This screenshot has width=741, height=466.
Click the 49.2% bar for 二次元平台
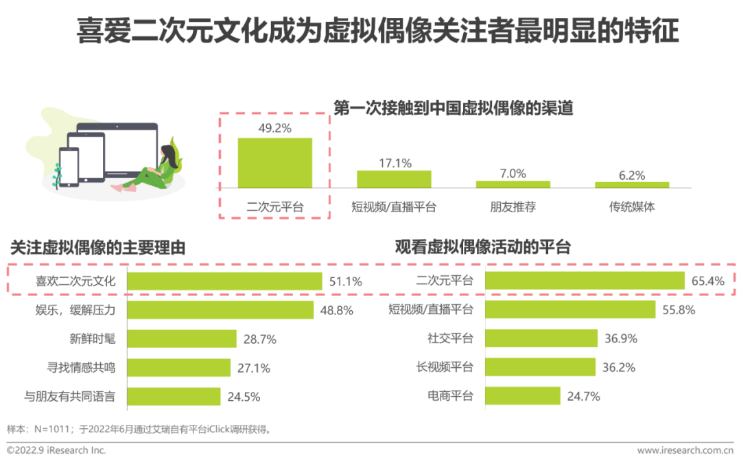point(274,163)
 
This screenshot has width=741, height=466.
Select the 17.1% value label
point(395,163)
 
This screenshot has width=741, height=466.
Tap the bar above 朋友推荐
point(513,184)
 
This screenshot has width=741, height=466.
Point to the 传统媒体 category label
point(631,207)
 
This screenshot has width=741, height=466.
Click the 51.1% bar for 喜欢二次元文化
point(224,281)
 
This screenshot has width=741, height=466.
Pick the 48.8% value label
point(337,310)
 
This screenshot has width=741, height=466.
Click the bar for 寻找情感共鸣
point(178,368)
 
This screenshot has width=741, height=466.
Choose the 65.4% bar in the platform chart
point(585,281)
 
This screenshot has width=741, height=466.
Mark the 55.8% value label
point(679,310)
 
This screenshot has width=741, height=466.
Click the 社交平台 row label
point(450,339)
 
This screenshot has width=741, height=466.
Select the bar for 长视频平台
point(540,368)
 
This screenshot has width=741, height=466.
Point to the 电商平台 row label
point(450,397)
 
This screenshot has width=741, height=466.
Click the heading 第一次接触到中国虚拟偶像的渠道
point(453,108)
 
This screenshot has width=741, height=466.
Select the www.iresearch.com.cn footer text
point(685,451)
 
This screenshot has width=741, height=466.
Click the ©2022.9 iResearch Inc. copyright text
point(56,451)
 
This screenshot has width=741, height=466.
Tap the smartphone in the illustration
point(69,167)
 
